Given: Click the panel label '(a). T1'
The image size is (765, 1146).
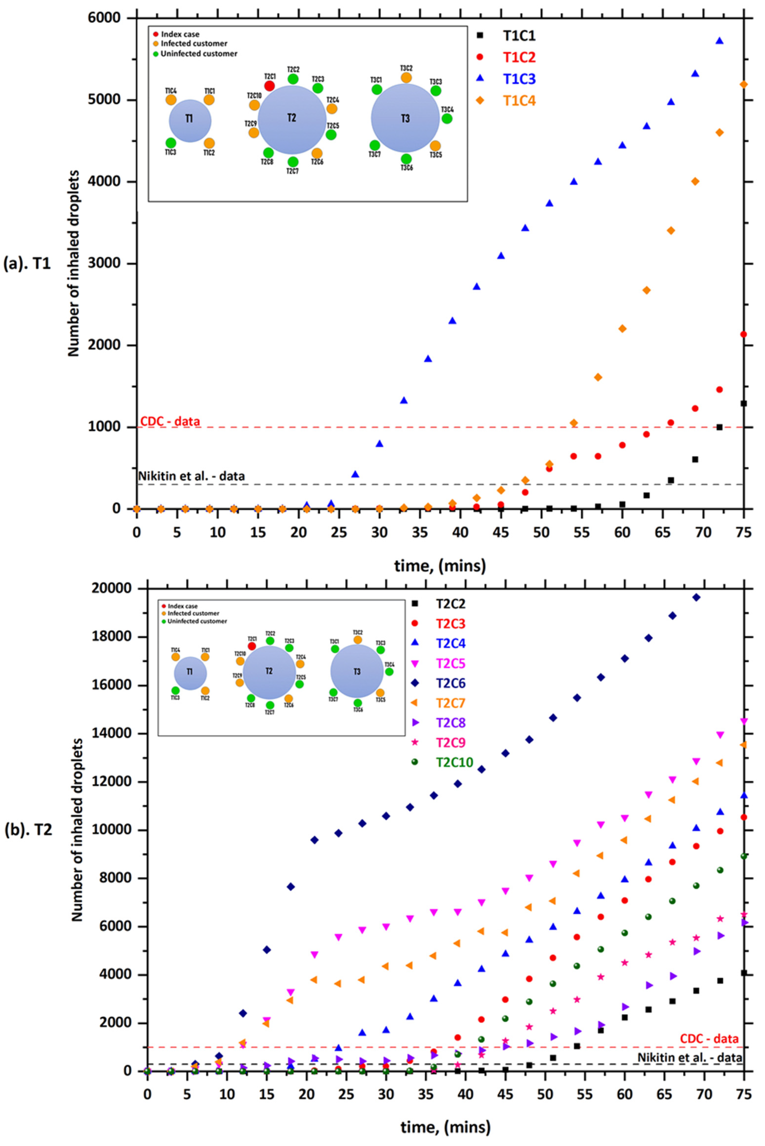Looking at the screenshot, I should [x=27, y=264].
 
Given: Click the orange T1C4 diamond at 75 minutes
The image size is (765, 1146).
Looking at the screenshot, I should [x=744, y=84].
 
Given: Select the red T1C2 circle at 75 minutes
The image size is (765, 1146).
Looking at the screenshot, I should [x=744, y=334].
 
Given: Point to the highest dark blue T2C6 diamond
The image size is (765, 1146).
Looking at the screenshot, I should [x=696, y=597].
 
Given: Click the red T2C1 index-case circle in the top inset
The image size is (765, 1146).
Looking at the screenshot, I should [x=269, y=86].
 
